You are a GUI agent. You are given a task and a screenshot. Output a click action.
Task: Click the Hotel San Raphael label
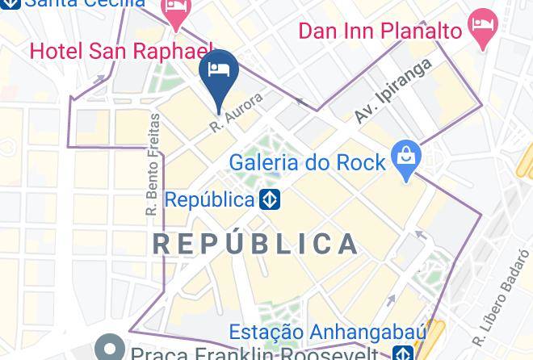[x=121, y=52]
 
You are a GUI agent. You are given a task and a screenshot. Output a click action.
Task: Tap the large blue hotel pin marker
[x=219, y=72]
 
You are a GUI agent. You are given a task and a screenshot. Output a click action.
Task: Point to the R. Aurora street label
[x=237, y=113]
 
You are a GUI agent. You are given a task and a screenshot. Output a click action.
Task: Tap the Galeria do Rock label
[x=308, y=162]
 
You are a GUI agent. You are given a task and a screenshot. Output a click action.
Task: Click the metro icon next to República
[x=270, y=199]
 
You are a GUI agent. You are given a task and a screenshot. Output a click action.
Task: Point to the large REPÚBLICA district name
[x=255, y=244]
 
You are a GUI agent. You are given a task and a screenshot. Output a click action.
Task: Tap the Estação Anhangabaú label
[x=315, y=333]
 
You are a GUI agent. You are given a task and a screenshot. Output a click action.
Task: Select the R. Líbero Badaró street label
[x=502, y=299]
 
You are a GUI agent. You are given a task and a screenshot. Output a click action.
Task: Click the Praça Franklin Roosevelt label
[x=254, y=354]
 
